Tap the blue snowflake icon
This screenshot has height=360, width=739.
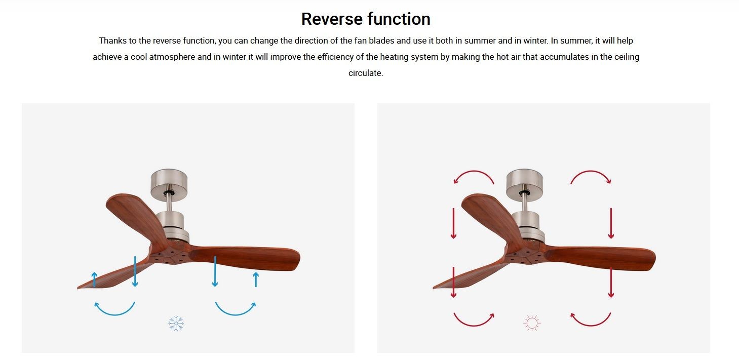click(x=176, y=324)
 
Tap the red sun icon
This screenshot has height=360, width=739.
click(x=532, y=323)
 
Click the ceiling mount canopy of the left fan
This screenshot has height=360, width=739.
click(x=169, y=185)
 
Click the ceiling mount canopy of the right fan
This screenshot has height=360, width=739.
click(x=525, y=185)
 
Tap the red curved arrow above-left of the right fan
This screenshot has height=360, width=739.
click(x=474, y=171)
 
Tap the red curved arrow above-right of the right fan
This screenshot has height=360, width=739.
click(x=591, y=171)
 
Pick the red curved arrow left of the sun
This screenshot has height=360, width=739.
click(x=474, y=326)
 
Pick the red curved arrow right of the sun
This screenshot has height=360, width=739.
click(x=591, y=326)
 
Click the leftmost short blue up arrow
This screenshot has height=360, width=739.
click(x=94, y=279)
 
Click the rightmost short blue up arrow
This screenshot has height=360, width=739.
click(x=256, y=279)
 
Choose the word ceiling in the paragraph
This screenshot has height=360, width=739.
click(x=627, y=57)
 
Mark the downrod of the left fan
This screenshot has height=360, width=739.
click(x=169, y=202)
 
